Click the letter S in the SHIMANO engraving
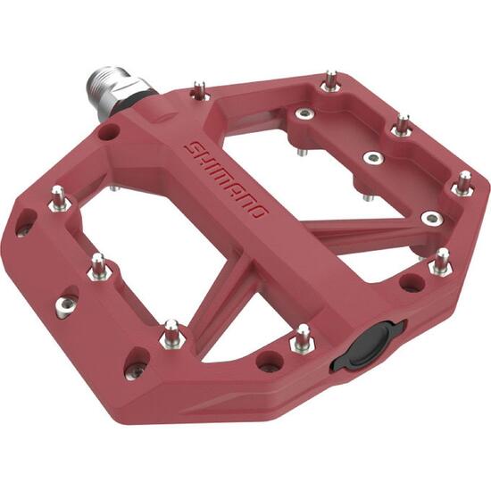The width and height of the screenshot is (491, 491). (x=193, y=148)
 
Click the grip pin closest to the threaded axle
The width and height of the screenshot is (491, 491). (x=199, y=90)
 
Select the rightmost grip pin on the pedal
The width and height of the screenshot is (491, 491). (x=463, y=184)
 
